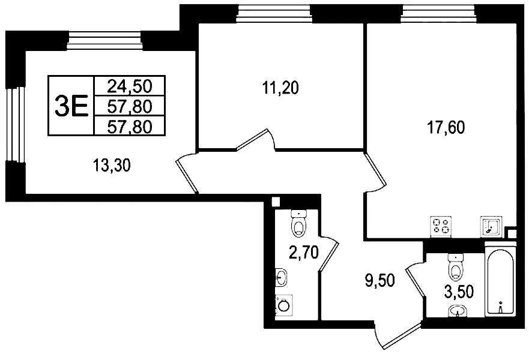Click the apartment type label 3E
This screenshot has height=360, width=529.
[71, 105]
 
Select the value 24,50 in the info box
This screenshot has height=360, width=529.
[130, 86]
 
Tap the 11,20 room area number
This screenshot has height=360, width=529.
[280, 88]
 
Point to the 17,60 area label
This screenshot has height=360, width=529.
[446, 128]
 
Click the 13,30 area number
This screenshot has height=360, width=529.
[111, 166]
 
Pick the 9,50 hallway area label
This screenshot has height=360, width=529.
[380, 280]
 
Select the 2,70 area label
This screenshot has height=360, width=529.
[304, 252]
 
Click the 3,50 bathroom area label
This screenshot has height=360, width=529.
[459, 292]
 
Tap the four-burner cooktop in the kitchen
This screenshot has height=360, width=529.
[441, 227]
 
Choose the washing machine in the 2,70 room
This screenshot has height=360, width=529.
[284, 305]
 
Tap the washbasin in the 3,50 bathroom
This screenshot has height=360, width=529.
[458, 311]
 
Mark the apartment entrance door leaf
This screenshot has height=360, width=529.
[402, 337]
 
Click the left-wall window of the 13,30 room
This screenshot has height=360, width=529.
[15, 124]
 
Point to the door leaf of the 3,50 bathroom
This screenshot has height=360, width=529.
[416, 281]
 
